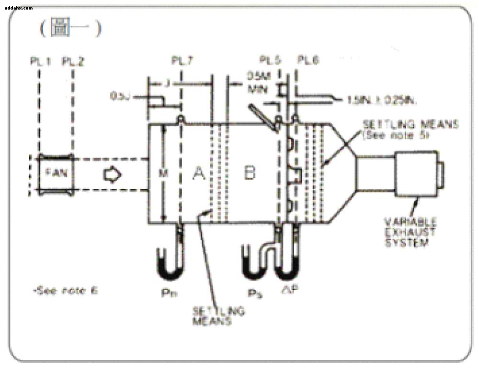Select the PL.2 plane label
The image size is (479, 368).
click(73, 61)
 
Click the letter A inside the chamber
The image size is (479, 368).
click(198, 174)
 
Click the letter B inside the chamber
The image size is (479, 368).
click(250, 173)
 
